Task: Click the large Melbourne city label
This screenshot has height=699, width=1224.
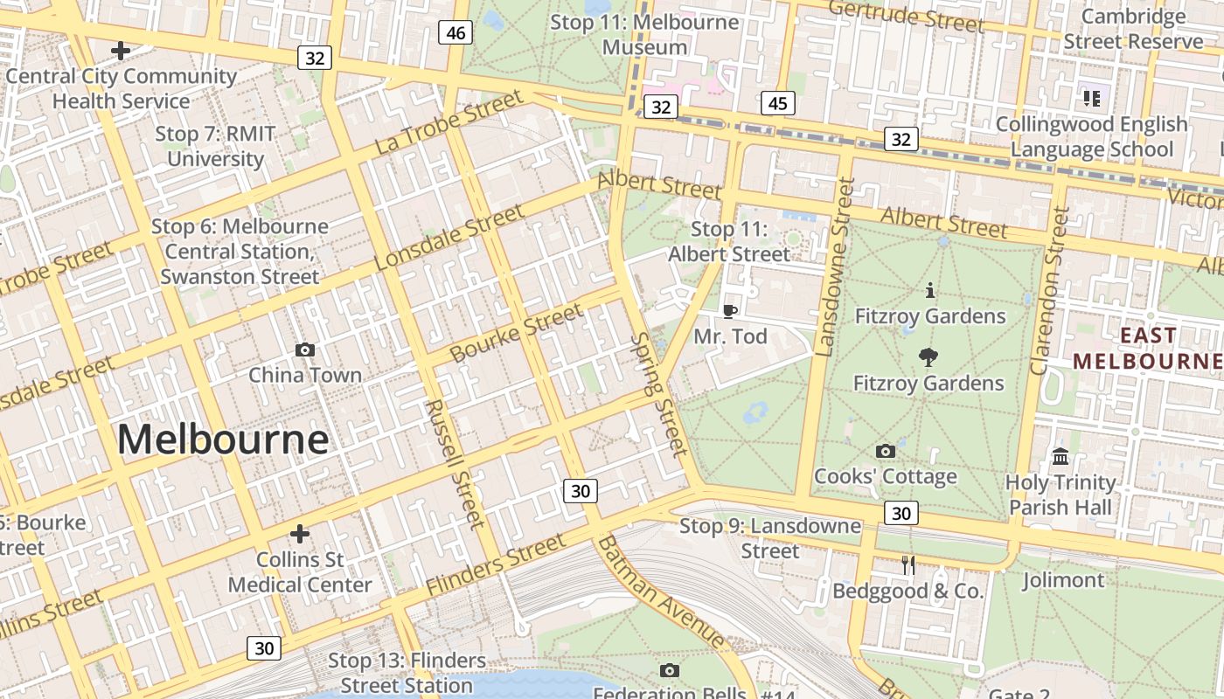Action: click(x=223, y=439)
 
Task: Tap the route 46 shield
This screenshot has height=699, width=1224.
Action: click(x=456, y=33)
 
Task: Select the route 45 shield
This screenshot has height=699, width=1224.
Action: click(x=777, y=104)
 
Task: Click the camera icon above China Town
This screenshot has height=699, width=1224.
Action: click(x=305, y=349)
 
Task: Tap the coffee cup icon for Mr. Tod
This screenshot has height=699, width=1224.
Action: click(x=730, y=311)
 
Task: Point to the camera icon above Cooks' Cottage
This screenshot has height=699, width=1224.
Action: click(x=885, y=451)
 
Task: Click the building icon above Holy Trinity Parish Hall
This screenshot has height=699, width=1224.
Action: click(x=1061, y=456)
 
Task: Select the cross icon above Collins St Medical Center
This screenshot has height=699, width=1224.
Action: click(x=300, y=533)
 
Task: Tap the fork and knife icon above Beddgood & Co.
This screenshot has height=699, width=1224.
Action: click(x=908, y=565)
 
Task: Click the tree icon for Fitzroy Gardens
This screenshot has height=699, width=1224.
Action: click(x=928, y=356)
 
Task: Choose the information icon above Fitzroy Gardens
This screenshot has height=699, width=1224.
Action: click(x=929, y=290)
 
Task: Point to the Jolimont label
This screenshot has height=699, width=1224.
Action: click(x=1063, y=579)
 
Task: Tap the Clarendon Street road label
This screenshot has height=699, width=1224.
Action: click(x=1050, y=291)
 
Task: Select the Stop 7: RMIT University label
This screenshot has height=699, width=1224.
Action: click(x=215, y=146)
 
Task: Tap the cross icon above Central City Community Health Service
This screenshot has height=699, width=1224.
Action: click(x=121, y=51)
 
